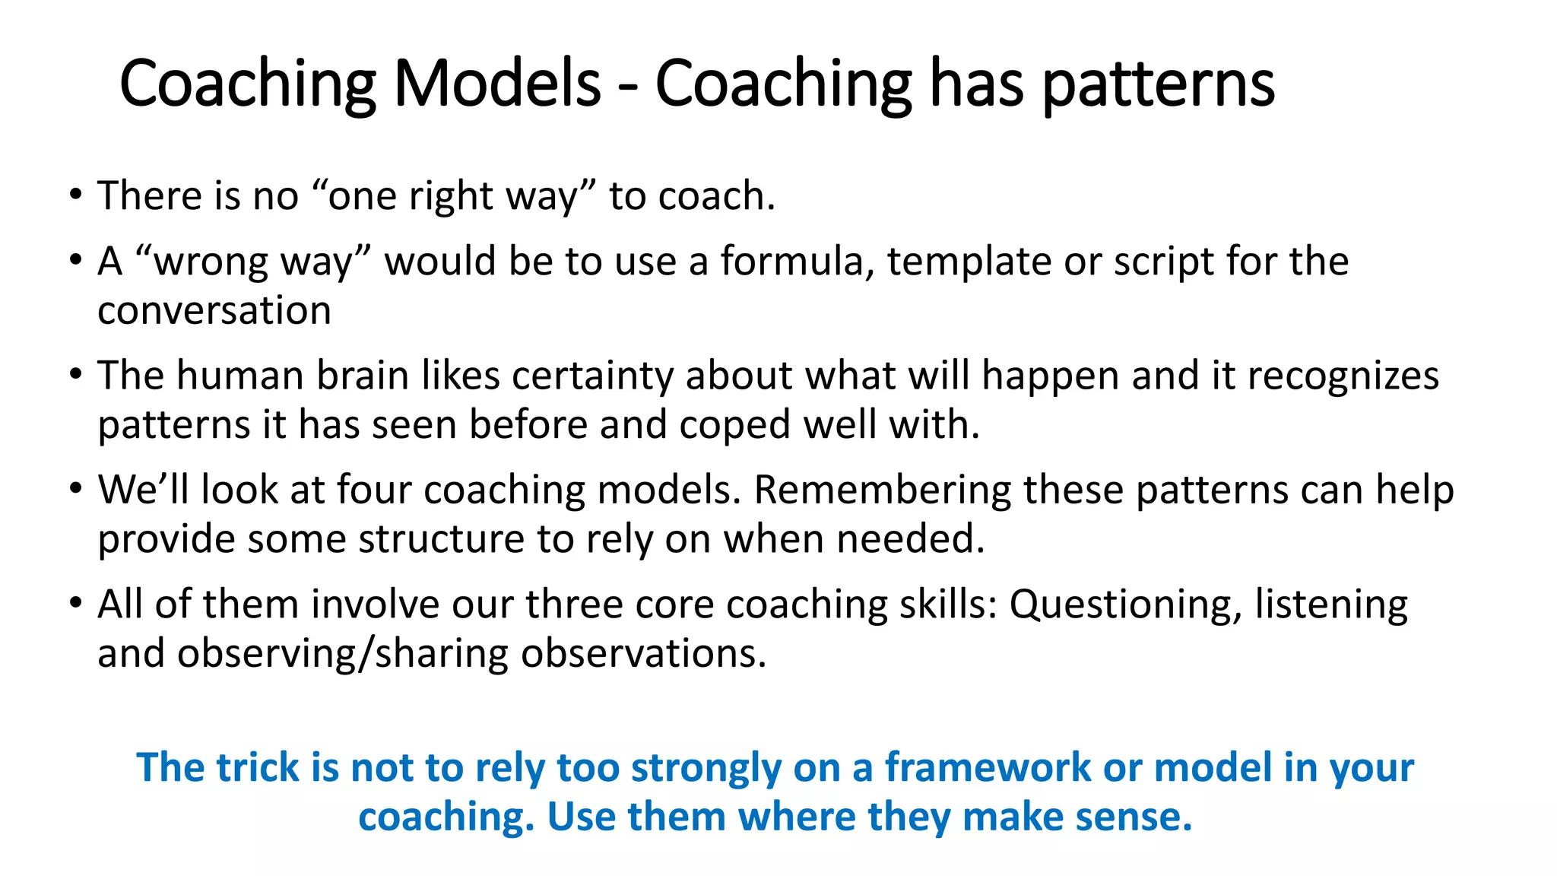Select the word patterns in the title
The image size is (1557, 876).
pyautogui.click(x=1157, y=85)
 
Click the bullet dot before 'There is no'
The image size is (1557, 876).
pyautogui.click(x=75, y=195)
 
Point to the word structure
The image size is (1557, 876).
pyautogui.click(x=441, y=540)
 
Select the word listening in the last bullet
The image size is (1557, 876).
pyautogui.click(x=1330, y=606)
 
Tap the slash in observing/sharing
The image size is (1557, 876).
pyautogui.click(x=366, y=655)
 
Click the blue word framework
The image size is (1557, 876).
pyautogui.click(x=988, y=768)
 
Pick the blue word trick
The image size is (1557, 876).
pyautogui.click(x=258, y=768)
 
